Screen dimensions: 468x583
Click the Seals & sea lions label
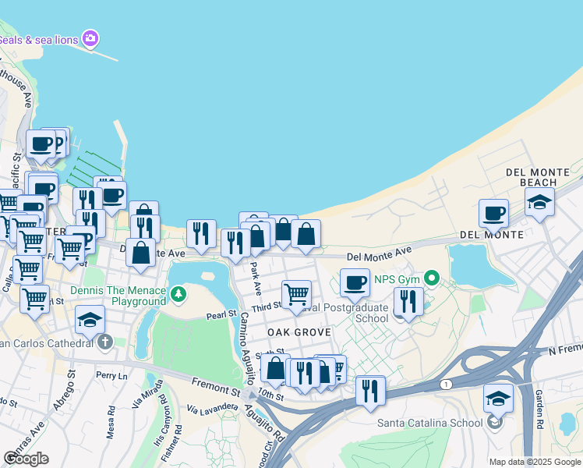point(39,39)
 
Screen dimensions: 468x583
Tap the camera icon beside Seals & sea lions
point(91,38)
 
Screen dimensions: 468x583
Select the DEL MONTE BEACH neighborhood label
point(532,177)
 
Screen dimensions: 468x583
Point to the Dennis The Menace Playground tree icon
point(179,294)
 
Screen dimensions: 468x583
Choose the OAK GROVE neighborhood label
point(299,332)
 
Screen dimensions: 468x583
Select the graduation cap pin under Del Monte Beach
point(539,202)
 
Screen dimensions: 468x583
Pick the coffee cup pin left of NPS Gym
point(355,282)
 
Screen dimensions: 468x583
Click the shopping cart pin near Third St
point(296,294)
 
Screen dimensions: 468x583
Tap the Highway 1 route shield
point(446,384)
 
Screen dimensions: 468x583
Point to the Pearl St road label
point(221,314)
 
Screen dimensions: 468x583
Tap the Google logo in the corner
point(26,458)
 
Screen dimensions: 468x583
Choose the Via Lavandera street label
point(213,407)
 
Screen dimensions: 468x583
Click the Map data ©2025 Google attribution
point(535,462)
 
